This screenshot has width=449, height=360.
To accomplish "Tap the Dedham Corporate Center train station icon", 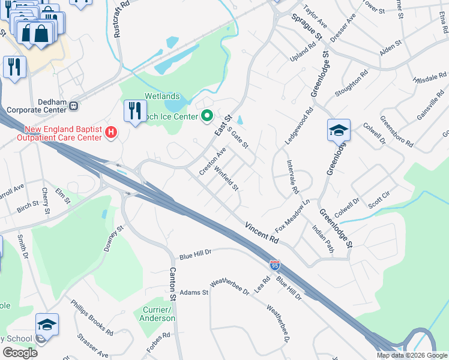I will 74,106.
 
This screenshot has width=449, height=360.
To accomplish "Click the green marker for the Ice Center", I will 208,116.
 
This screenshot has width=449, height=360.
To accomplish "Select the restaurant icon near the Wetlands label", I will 134,110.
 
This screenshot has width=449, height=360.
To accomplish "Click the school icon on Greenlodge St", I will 339,130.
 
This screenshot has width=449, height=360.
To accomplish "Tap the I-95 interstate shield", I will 274,265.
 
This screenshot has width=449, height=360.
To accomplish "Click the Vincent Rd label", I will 262,232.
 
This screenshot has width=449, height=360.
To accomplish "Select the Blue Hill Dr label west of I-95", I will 195,254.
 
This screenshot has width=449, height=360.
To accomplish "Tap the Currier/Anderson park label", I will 157,314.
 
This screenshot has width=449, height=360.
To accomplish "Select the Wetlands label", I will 162,96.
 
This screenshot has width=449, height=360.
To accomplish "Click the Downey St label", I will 116,237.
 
